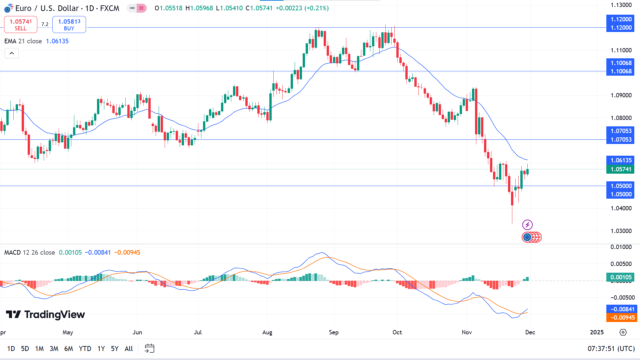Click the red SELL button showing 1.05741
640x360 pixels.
(21, 25)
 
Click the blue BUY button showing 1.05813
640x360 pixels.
(69, 25)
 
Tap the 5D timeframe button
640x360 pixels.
(25, 349)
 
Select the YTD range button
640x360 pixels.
(85, 349)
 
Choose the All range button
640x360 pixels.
(129, 349)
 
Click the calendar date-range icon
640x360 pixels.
(149, 349)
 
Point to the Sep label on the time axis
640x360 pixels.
(334, 332)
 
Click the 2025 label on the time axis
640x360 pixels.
(597, 332)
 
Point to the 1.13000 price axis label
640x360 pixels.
(621, 5)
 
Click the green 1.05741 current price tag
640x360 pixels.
(621, 169)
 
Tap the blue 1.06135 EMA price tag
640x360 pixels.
(621, 160)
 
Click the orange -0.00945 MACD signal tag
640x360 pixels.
(622, 318)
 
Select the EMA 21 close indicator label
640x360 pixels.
(23, 41)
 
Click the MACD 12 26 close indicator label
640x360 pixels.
(30, 253)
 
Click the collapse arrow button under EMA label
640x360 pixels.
(12, 53)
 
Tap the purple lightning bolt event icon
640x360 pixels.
(527, 225)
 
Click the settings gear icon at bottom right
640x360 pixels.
(623, 332)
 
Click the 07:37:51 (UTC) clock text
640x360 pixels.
(611, 349)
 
